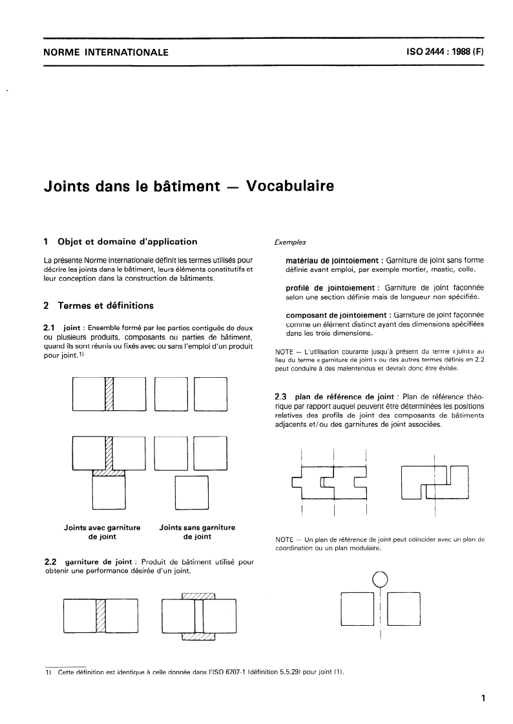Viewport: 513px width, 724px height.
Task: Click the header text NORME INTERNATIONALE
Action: (x=105, y=52)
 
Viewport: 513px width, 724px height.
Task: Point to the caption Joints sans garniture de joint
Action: (x=196, y=532)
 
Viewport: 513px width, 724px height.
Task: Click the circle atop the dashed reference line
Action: (x=381, y=579)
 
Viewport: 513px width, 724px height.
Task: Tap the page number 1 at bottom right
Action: (x=483, y=698)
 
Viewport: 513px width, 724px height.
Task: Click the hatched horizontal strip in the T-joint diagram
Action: (x=109, y=473)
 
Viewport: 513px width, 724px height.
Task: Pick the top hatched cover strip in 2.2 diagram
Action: (x=198, y=595)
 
